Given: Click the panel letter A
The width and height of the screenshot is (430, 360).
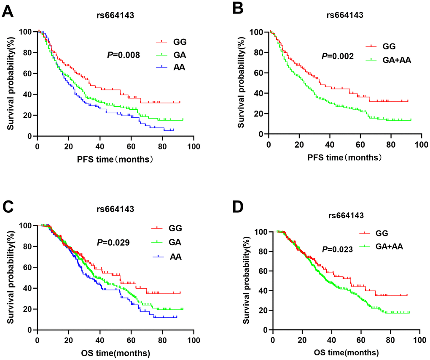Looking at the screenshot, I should pyautogui.click(x=9, y=11).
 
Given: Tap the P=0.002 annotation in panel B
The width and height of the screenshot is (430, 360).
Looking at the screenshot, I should pyautogui.click(x=336, y=56).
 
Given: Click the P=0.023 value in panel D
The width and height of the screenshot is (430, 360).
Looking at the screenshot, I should pyautogui.click(x=336, y=249).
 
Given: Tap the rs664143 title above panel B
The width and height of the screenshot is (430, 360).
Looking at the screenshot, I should pyautogui.click(x=345, y=16).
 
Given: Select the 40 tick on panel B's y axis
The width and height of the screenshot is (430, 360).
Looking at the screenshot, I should pyautogui.click(x=260, y=93).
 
